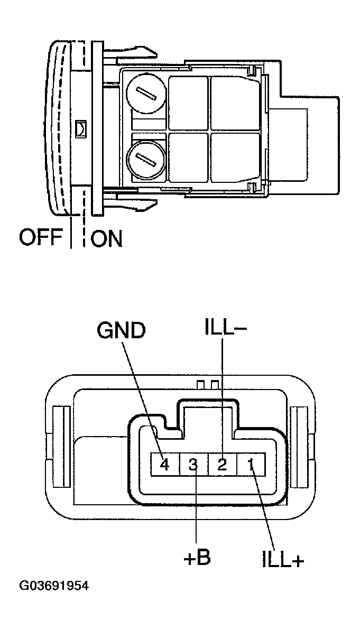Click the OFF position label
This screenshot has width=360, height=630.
pyautogui.click(x=41, y=238)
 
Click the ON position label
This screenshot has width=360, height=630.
pyautogui.click(x=106, y=239)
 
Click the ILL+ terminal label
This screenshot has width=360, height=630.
pyautogui.click(x=283, y=560)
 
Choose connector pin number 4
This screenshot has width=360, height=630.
pyautogui.click(x=164, y=465)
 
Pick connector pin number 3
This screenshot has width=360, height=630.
pyautogui.click(x=193, y=465)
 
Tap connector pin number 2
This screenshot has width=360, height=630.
pyautogui.click(x=223, y=465)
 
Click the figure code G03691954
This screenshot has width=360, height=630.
pyautogui.click(x=54, y=586)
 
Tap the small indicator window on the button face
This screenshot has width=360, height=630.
pyautogui.click(x=80, y=127)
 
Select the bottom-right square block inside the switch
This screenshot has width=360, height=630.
pyautogui.click(x=236, y=157)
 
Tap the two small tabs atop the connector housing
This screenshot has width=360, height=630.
pyautogui.click(x=207, y=383)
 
